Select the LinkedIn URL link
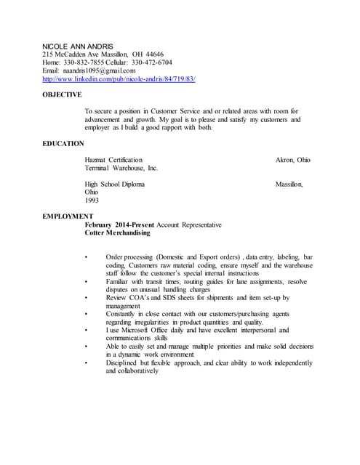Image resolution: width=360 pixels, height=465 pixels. point(119,78)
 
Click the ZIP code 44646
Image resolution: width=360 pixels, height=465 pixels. point(153,54)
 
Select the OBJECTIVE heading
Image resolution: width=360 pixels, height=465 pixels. point(62,95)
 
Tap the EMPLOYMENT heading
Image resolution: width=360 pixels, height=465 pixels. point(68,217)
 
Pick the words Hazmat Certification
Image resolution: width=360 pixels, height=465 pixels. point(113,160)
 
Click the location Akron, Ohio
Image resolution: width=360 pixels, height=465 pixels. point(292,160)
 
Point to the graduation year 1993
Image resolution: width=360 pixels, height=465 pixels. point(92,201)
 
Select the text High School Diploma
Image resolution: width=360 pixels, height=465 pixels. point(114,185)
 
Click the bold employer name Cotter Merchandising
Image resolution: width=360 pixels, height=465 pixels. point(118,233)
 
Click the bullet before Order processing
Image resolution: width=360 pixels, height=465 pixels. point(87,258)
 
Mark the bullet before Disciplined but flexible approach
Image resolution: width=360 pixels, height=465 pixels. point(87,363)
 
